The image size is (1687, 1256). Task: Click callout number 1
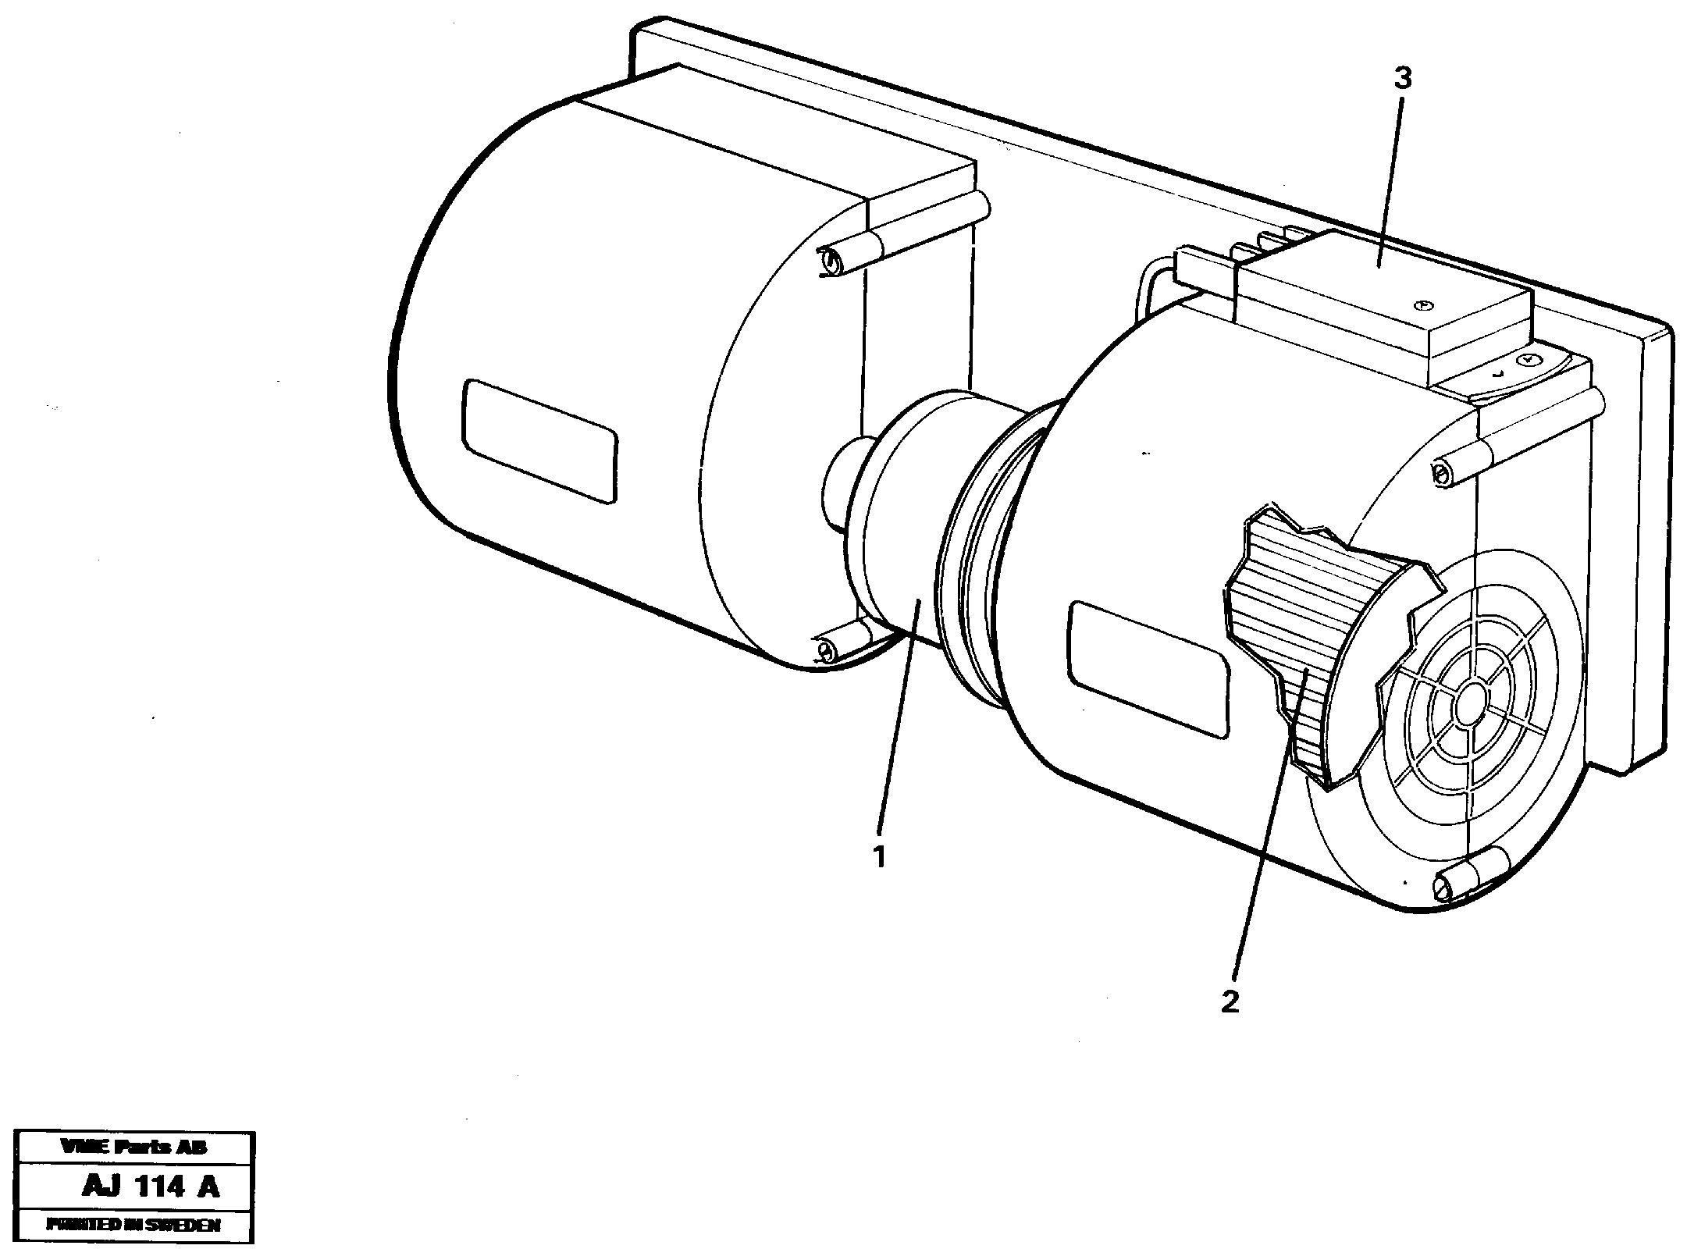pyautogui.click(x=880, y=856)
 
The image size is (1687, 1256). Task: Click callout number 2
pyautogui.click(x=1230, y=1002)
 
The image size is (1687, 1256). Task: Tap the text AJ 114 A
pyautogui.click(x=151, y=1187)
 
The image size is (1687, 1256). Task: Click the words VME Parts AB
pyautogui.click(x=134, y=1147)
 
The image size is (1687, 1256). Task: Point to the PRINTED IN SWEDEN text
pyautogui.click(x=134, y=1225)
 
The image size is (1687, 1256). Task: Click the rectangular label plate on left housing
pyautogui.click(x=539, y=439)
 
